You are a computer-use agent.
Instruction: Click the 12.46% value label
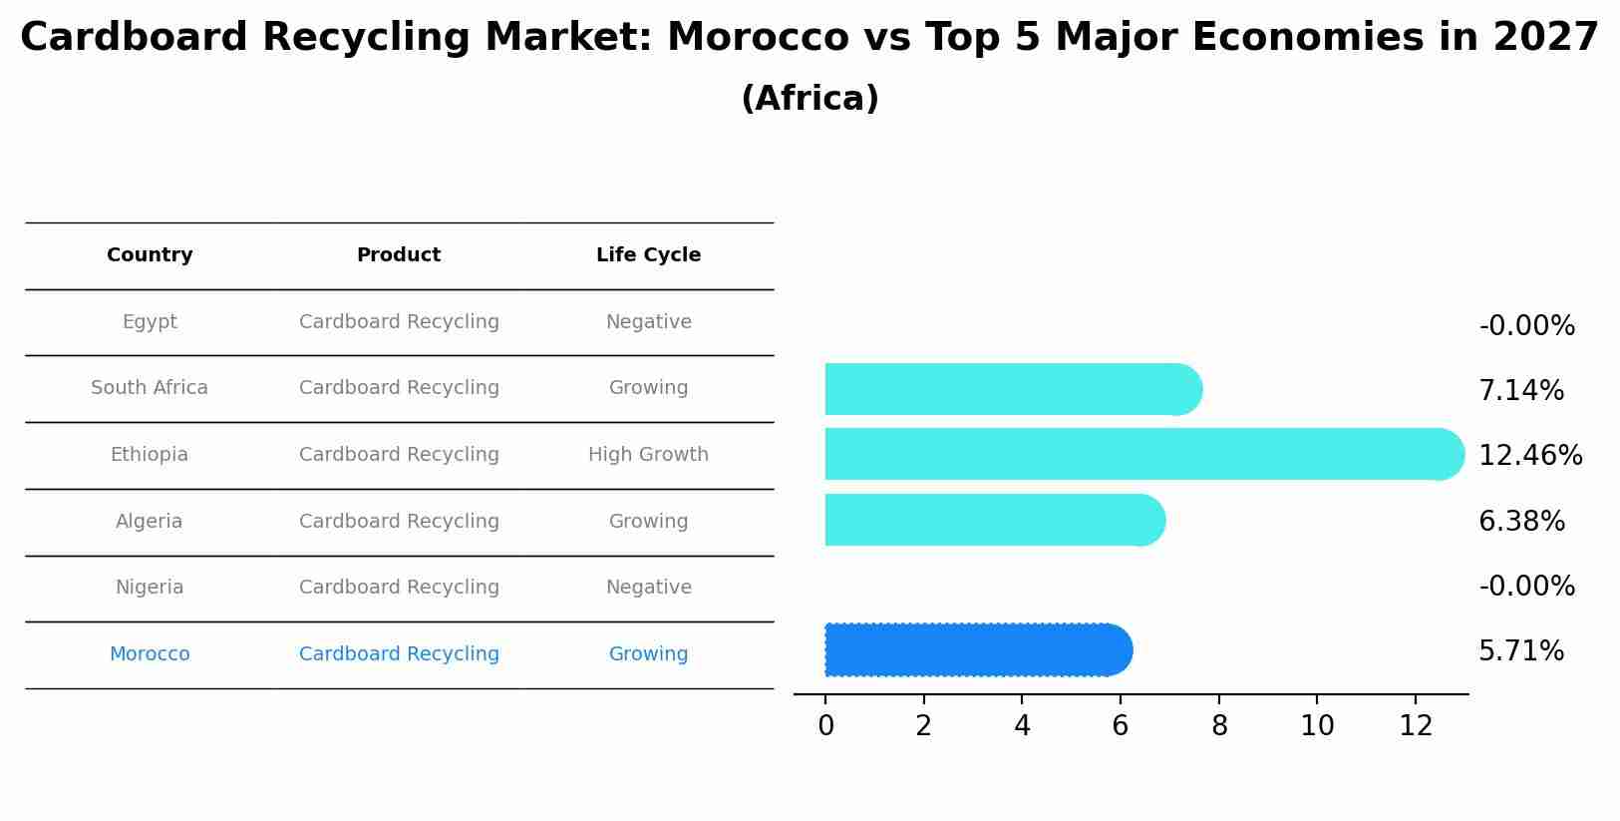point(1529,456)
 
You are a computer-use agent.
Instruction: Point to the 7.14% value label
point(1520,391)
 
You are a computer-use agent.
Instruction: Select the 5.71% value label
point(1520,651)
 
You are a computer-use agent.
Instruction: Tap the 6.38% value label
point(1521,522)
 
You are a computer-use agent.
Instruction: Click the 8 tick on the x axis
point(1219,726)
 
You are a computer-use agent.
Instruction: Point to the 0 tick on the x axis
point(825,726)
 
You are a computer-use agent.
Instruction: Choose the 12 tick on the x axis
point(1416,726)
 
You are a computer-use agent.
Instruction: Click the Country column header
point(150,255)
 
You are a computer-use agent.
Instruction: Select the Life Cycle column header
point(648,255)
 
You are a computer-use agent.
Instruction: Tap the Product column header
point(399,255)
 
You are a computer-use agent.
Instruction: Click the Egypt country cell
point(150,322)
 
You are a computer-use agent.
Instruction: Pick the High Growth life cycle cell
point(648,455)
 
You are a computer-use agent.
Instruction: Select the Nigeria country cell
point(150,588)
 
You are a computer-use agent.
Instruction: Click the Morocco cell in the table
point(150,654)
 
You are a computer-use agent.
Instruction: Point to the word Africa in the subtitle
point(810,99)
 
